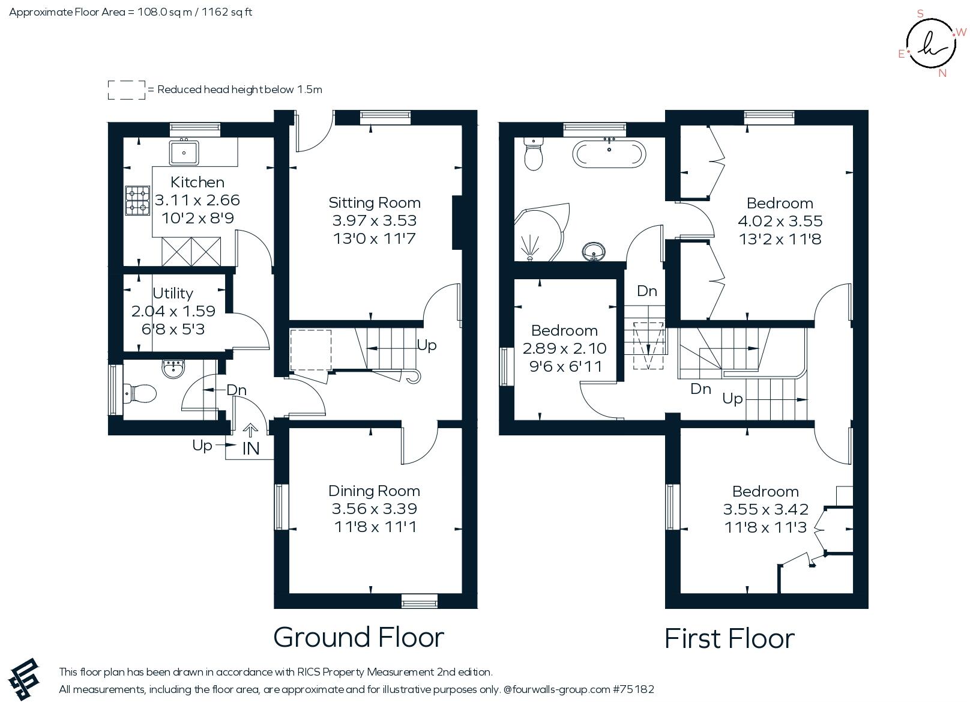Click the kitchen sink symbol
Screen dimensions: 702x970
pos(184,152)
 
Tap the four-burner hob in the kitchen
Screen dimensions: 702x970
pos(137,201)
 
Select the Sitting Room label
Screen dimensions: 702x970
pos(374,202)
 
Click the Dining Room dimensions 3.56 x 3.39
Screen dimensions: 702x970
pos(374,509)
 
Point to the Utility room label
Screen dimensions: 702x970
pos(173,293)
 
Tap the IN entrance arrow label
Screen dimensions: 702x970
pos(251,448)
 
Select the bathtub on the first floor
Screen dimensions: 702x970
pos(609,154)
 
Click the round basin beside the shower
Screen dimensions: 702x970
pos(594,251)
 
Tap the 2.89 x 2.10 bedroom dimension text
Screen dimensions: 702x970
pos(564,348)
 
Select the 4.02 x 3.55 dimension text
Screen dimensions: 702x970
pos(780,221)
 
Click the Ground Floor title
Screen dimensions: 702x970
pos(358,637)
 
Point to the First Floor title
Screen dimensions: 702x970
pos(729,638)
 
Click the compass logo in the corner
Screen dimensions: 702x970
pos(930,43)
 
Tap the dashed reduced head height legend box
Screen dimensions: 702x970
pos(126,90)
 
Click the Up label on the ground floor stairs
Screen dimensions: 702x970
pos(427,345)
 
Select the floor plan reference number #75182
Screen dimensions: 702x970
pos(633,689)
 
